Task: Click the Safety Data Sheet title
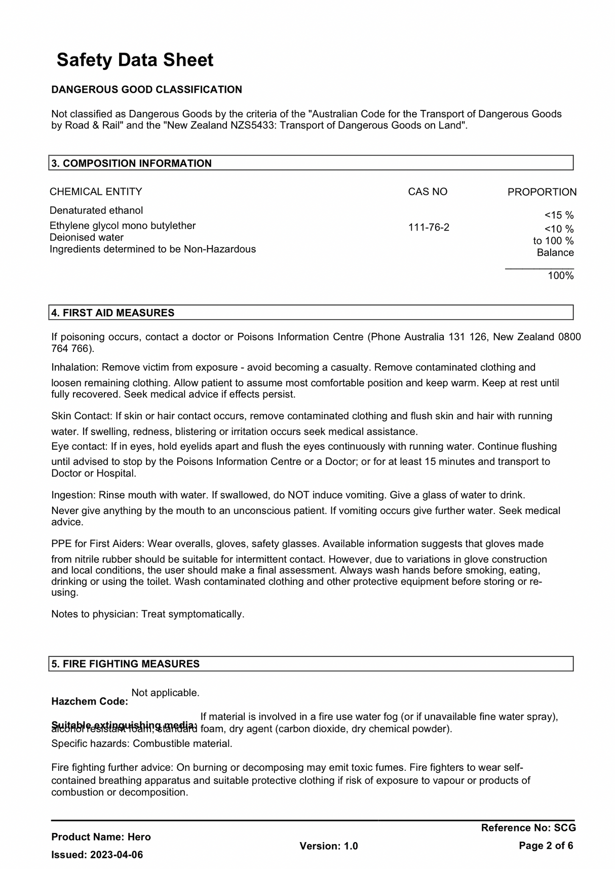(x=135, y=60)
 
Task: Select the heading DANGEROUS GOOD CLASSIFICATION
(x=146, y=90)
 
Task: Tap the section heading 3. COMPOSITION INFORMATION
(x=131, y=163)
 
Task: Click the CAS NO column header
(x=428, y=192)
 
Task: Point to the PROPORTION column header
(x=542, y=192)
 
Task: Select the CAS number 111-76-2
(x=429, y=227)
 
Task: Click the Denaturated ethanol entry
(x=96, y=210)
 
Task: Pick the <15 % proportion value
(x=559, y=215)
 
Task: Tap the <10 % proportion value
(x=559, y=229)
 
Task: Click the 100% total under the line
(x=560, y=275)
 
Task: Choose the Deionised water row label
(x=87, y=238)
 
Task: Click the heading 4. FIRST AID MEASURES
(x=112, y=312)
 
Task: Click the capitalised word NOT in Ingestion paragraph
(x=299, y=495)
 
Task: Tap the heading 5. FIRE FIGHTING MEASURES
(x=125, y=664)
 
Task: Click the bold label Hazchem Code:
(x=90, y=701)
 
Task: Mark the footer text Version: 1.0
(x=328, y=846)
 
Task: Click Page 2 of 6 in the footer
(x=546, y=846)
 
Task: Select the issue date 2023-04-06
(x=117, y=855)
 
